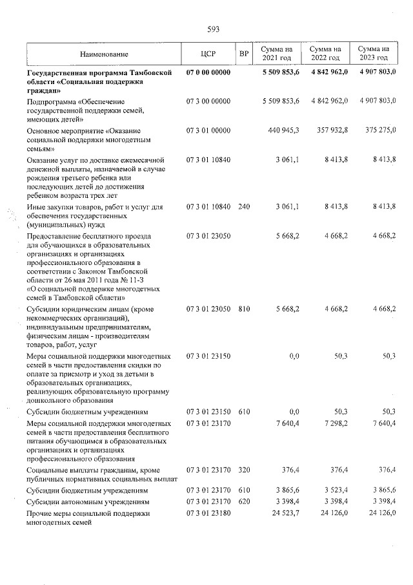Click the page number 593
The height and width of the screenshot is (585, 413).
click(214, 30)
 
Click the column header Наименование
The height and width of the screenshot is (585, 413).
click(105, 54)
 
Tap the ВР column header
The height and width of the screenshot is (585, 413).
click(243, 54)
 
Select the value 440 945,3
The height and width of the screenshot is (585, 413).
click(284, 130)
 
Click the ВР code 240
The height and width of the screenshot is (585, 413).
click(243, 206)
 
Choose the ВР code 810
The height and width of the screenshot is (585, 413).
click(243, 310)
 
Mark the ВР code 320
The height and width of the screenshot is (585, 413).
click(243, 470)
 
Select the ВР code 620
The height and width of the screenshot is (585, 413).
click(243, 501)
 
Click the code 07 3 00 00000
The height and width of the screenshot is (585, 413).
click(208, 101)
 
